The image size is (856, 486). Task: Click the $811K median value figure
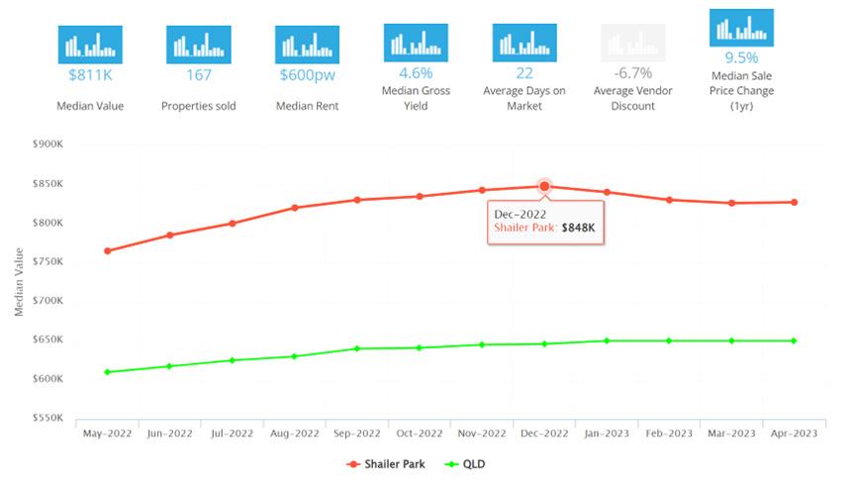(x=90, y=75)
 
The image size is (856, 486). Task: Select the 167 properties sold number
(x=199, y=75)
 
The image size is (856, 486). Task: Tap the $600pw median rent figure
(x=308, y=75)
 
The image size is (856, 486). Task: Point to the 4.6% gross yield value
(x=416, y=72)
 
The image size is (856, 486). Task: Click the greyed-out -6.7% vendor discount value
(x=632, y=72)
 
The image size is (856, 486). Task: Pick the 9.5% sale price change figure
(x=741, y=57)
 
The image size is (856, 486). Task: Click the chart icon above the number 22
(x=524, y=43)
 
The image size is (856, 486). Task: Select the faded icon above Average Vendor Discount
(x=632, y=43)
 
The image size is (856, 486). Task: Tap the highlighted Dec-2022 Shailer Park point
(x=544, y=187)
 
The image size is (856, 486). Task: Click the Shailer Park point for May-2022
(x=108, y=251)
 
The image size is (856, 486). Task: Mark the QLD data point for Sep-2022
(x=357, y=348)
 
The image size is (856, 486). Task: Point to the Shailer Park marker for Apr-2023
(x=795, y=203)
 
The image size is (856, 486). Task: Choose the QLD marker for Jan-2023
(x=607, y=340)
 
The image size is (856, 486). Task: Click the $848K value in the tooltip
(x=578, y=228)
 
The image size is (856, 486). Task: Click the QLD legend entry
(x=465, y=464)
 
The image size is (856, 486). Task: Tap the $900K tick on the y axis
(x=48, y=145)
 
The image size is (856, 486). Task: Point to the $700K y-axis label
(x=48, y=300)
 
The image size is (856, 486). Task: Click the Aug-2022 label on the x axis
(x=294, y=434)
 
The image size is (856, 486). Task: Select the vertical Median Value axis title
(x=19, y=282)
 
